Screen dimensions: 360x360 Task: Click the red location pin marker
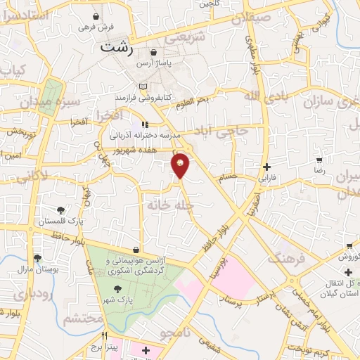click(181, 165)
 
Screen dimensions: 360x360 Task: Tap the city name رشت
click(117, 48)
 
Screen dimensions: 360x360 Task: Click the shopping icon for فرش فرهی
click(96, 15)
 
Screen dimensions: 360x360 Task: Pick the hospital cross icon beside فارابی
click(266, 167)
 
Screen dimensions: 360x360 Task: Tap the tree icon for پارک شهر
click(117, 288)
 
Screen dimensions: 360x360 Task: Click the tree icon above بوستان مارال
click(37, 257)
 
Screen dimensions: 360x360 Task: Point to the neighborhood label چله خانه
click(167, 205)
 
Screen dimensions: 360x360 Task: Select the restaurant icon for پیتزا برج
click(105, 336)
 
